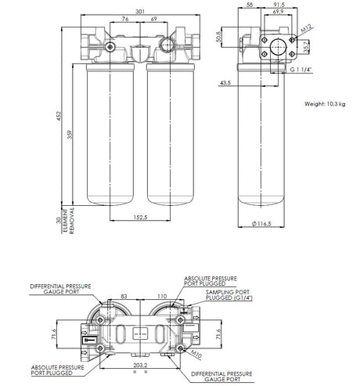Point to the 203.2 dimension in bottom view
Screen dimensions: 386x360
tap(142, 364)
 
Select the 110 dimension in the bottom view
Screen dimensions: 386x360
tap(160, 297)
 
